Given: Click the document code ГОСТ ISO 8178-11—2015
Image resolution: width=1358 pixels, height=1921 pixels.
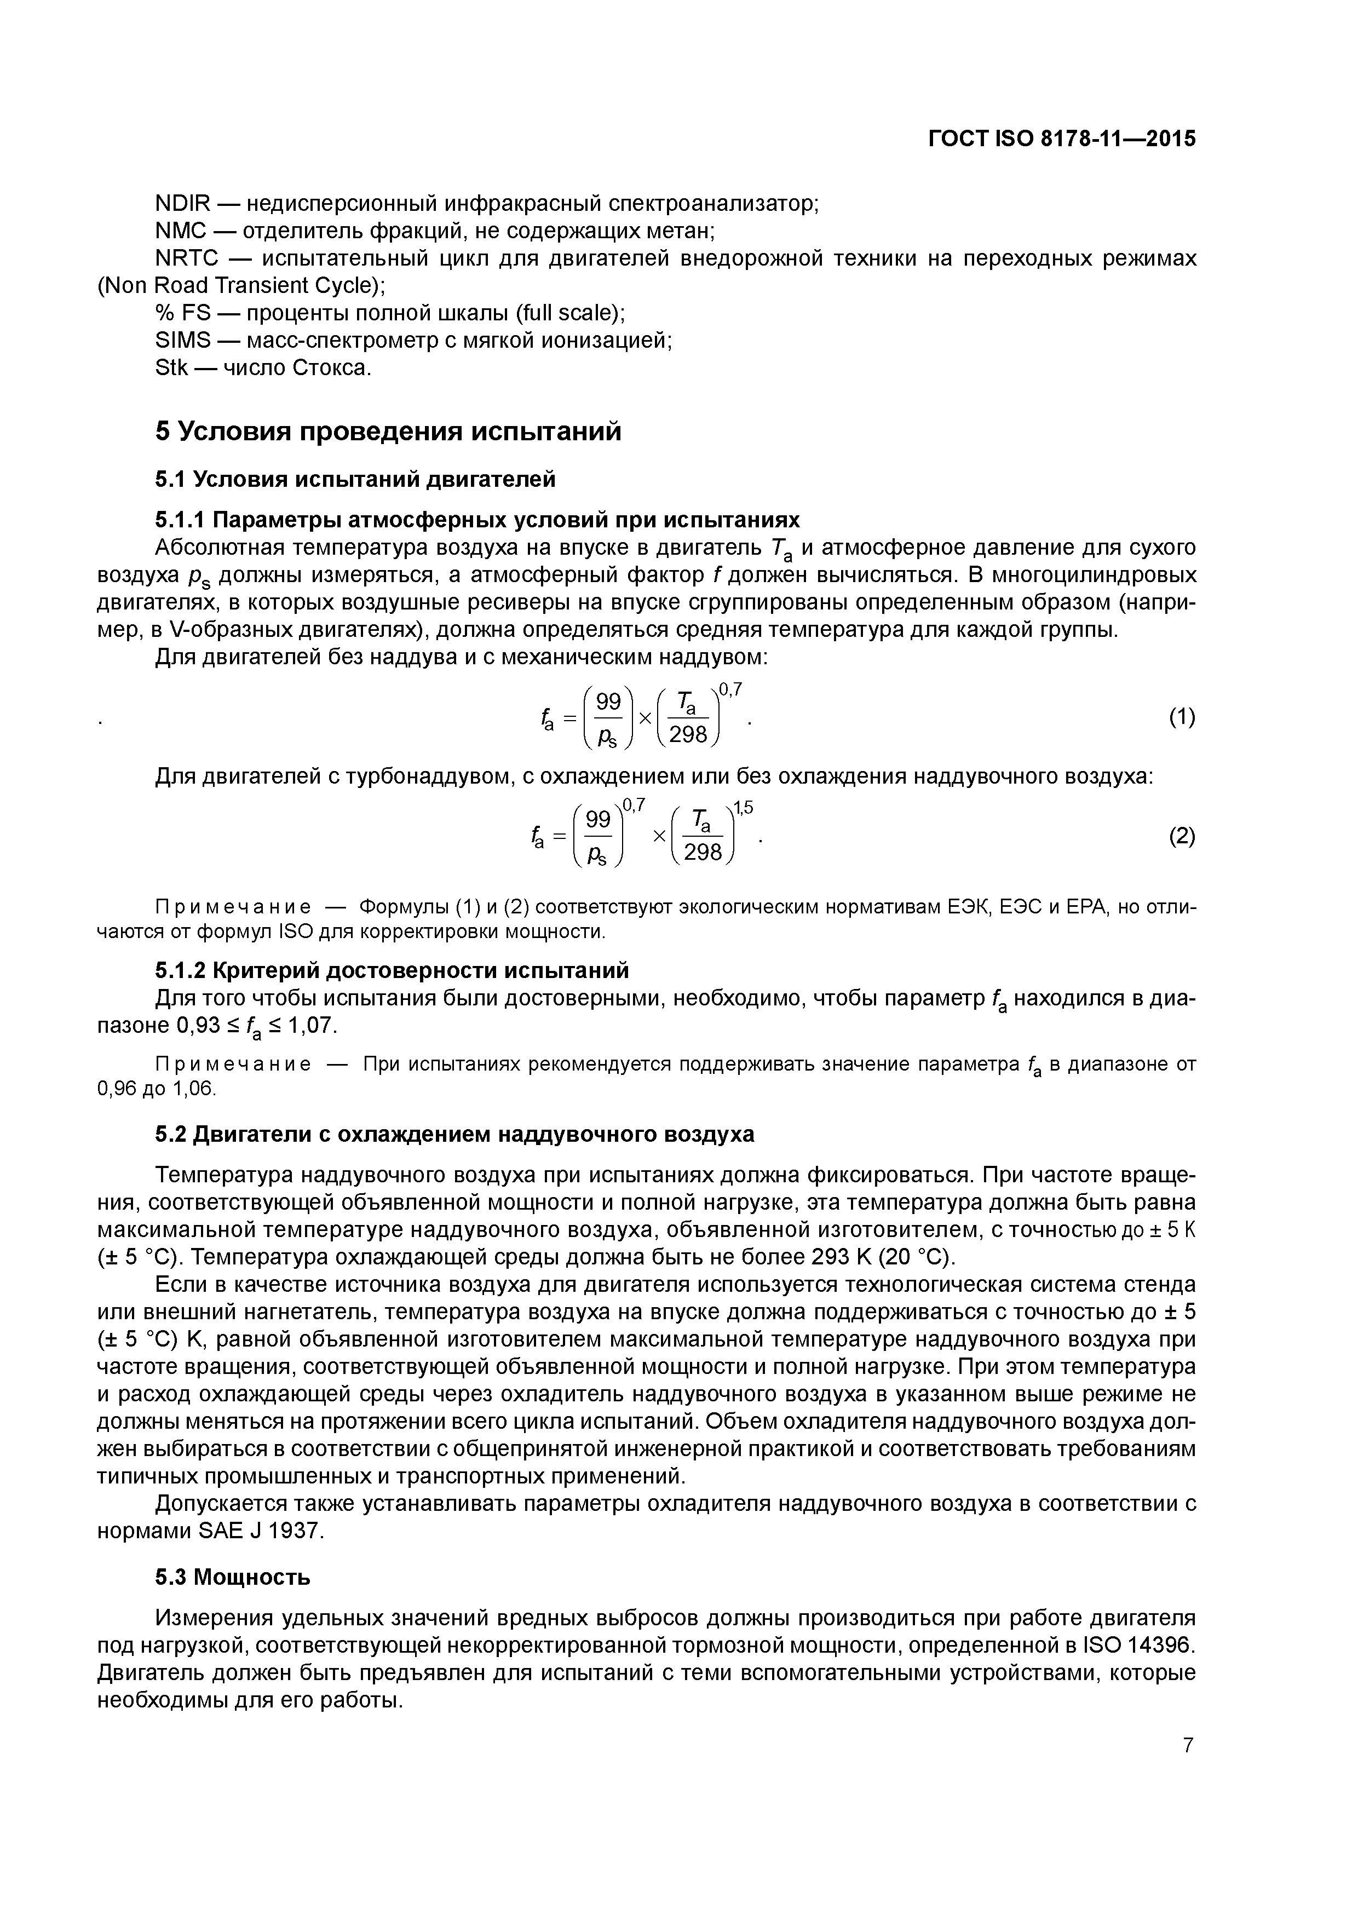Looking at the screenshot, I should (x=1062, y=139).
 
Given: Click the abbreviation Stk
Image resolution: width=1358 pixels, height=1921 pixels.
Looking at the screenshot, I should (x=171, y=368).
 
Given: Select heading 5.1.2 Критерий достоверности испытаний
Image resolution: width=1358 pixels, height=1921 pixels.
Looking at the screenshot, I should (x=392, y=970).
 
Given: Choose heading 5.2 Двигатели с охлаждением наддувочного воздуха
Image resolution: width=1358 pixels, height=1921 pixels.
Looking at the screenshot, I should (x=454, y=1135).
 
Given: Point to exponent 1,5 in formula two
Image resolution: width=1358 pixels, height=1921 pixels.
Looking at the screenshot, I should (x=743, y=808).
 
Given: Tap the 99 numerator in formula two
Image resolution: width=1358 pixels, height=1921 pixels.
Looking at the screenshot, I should (x=597, y=820).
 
